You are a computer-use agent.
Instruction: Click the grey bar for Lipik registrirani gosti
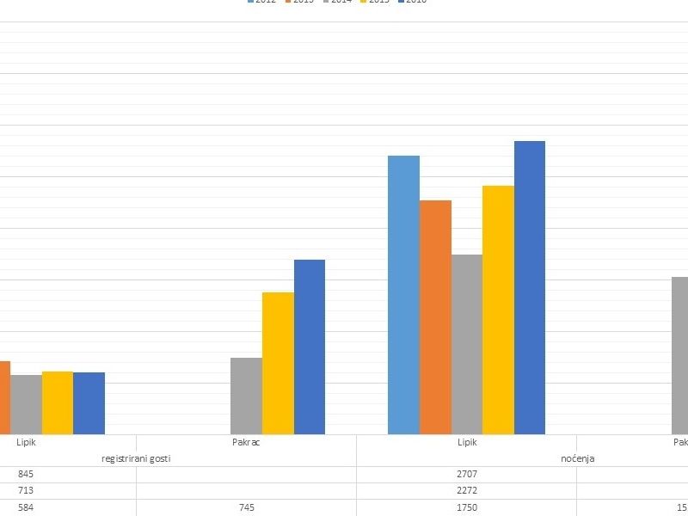coord(26,404)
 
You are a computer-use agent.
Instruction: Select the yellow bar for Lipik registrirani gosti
coord(58,402)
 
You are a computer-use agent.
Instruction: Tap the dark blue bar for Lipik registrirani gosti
coord(89,403)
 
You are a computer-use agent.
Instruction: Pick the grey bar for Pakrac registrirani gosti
coord(246,396)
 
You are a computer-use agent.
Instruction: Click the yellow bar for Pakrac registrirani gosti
coord(278,363)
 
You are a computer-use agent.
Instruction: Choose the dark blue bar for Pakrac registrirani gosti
coord(310,347)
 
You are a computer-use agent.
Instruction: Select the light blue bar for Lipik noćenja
coord(403,295)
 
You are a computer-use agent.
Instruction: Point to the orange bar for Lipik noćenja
coord(435,317)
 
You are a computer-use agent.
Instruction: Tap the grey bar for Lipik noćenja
coord(467,344)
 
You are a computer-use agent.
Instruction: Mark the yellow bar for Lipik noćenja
coord(498,310)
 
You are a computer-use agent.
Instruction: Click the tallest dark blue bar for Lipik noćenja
coord(530,287)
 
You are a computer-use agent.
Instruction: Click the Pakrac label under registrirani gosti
coord(246,442)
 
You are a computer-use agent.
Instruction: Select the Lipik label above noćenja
coord(467,442)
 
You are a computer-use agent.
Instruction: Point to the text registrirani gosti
coord(136,458)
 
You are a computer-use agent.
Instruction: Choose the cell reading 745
coord(246,507)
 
